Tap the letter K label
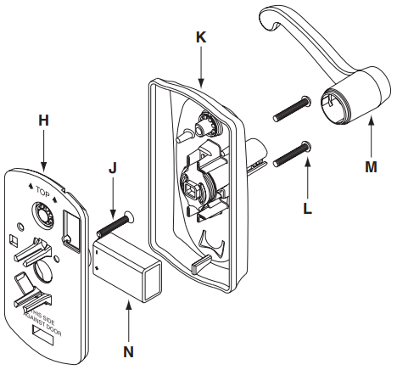200,38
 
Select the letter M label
371,167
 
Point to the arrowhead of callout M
371,124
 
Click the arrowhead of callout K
200,82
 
